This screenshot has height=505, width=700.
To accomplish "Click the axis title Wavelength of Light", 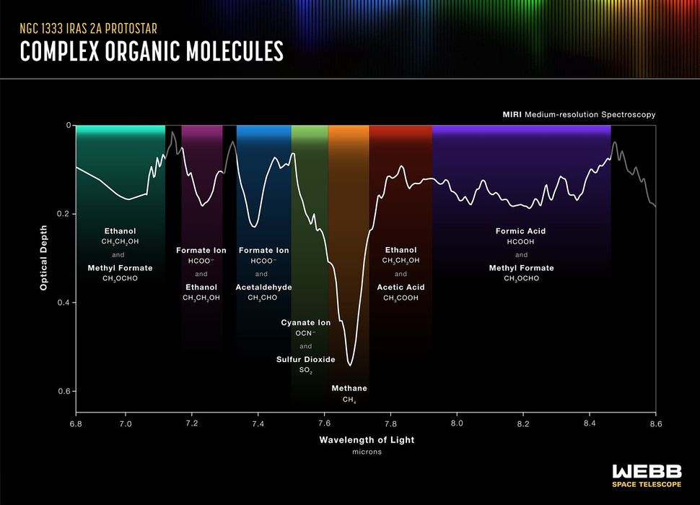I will point(367,439).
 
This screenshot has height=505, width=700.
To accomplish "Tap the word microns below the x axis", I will point(367,452).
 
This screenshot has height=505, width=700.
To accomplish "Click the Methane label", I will point(349,389).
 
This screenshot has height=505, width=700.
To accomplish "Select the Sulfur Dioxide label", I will point(306,359).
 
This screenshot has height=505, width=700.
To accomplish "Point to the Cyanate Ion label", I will point(306,323).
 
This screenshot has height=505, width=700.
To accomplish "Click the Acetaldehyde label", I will point(264,287).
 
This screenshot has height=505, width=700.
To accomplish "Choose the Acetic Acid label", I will point(401,287).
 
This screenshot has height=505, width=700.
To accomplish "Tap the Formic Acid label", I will point(520,231).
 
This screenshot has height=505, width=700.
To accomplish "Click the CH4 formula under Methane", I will point(349,400).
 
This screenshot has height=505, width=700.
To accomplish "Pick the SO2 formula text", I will point(306,370).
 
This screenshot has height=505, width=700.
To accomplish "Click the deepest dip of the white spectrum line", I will point(350,365).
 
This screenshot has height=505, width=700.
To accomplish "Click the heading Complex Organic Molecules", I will point(152,51).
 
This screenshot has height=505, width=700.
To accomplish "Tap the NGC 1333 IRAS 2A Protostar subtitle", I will point(88,30).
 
